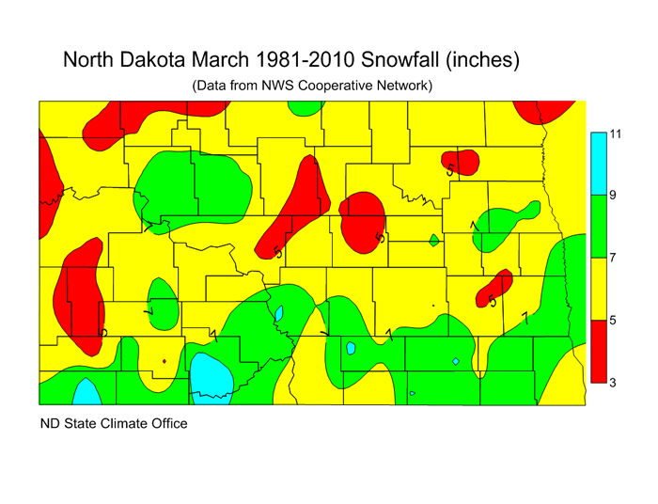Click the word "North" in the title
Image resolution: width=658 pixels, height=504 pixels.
click(92, 60)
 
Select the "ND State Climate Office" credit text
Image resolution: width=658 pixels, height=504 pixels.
click(113, 423)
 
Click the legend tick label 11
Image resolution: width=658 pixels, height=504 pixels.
click(617, 134)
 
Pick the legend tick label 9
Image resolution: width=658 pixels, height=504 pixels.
click(614, 196)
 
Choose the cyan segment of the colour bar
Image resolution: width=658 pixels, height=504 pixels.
click(598, 164)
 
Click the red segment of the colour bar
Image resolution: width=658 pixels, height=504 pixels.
click(598, 351)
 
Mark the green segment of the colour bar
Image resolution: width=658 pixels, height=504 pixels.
click(598, 226)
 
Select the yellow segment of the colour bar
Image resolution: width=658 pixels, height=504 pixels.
click(598, 289)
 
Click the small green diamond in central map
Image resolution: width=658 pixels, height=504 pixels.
click(433, 240)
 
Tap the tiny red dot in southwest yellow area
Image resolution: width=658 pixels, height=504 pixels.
click(164, 361)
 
